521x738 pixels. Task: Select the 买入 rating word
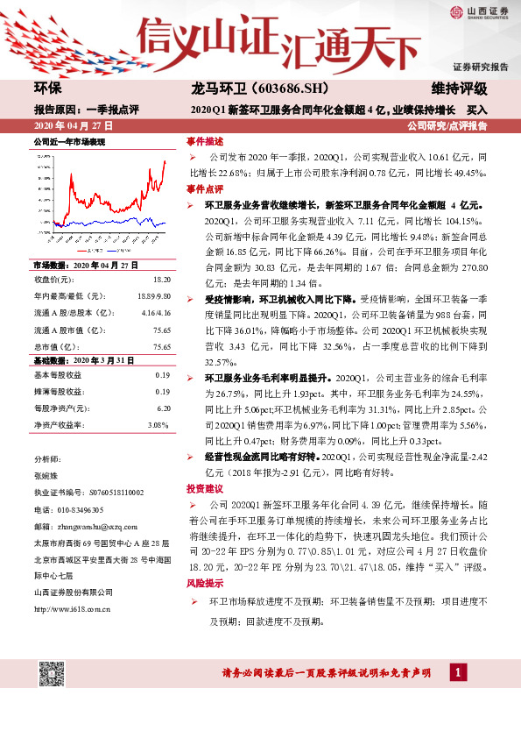[477, 110]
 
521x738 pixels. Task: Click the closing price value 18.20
[162, 279]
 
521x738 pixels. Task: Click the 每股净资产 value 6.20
[163, 408]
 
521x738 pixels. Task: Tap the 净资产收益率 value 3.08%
[158, 424]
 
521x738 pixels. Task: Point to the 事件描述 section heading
[204, 140]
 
